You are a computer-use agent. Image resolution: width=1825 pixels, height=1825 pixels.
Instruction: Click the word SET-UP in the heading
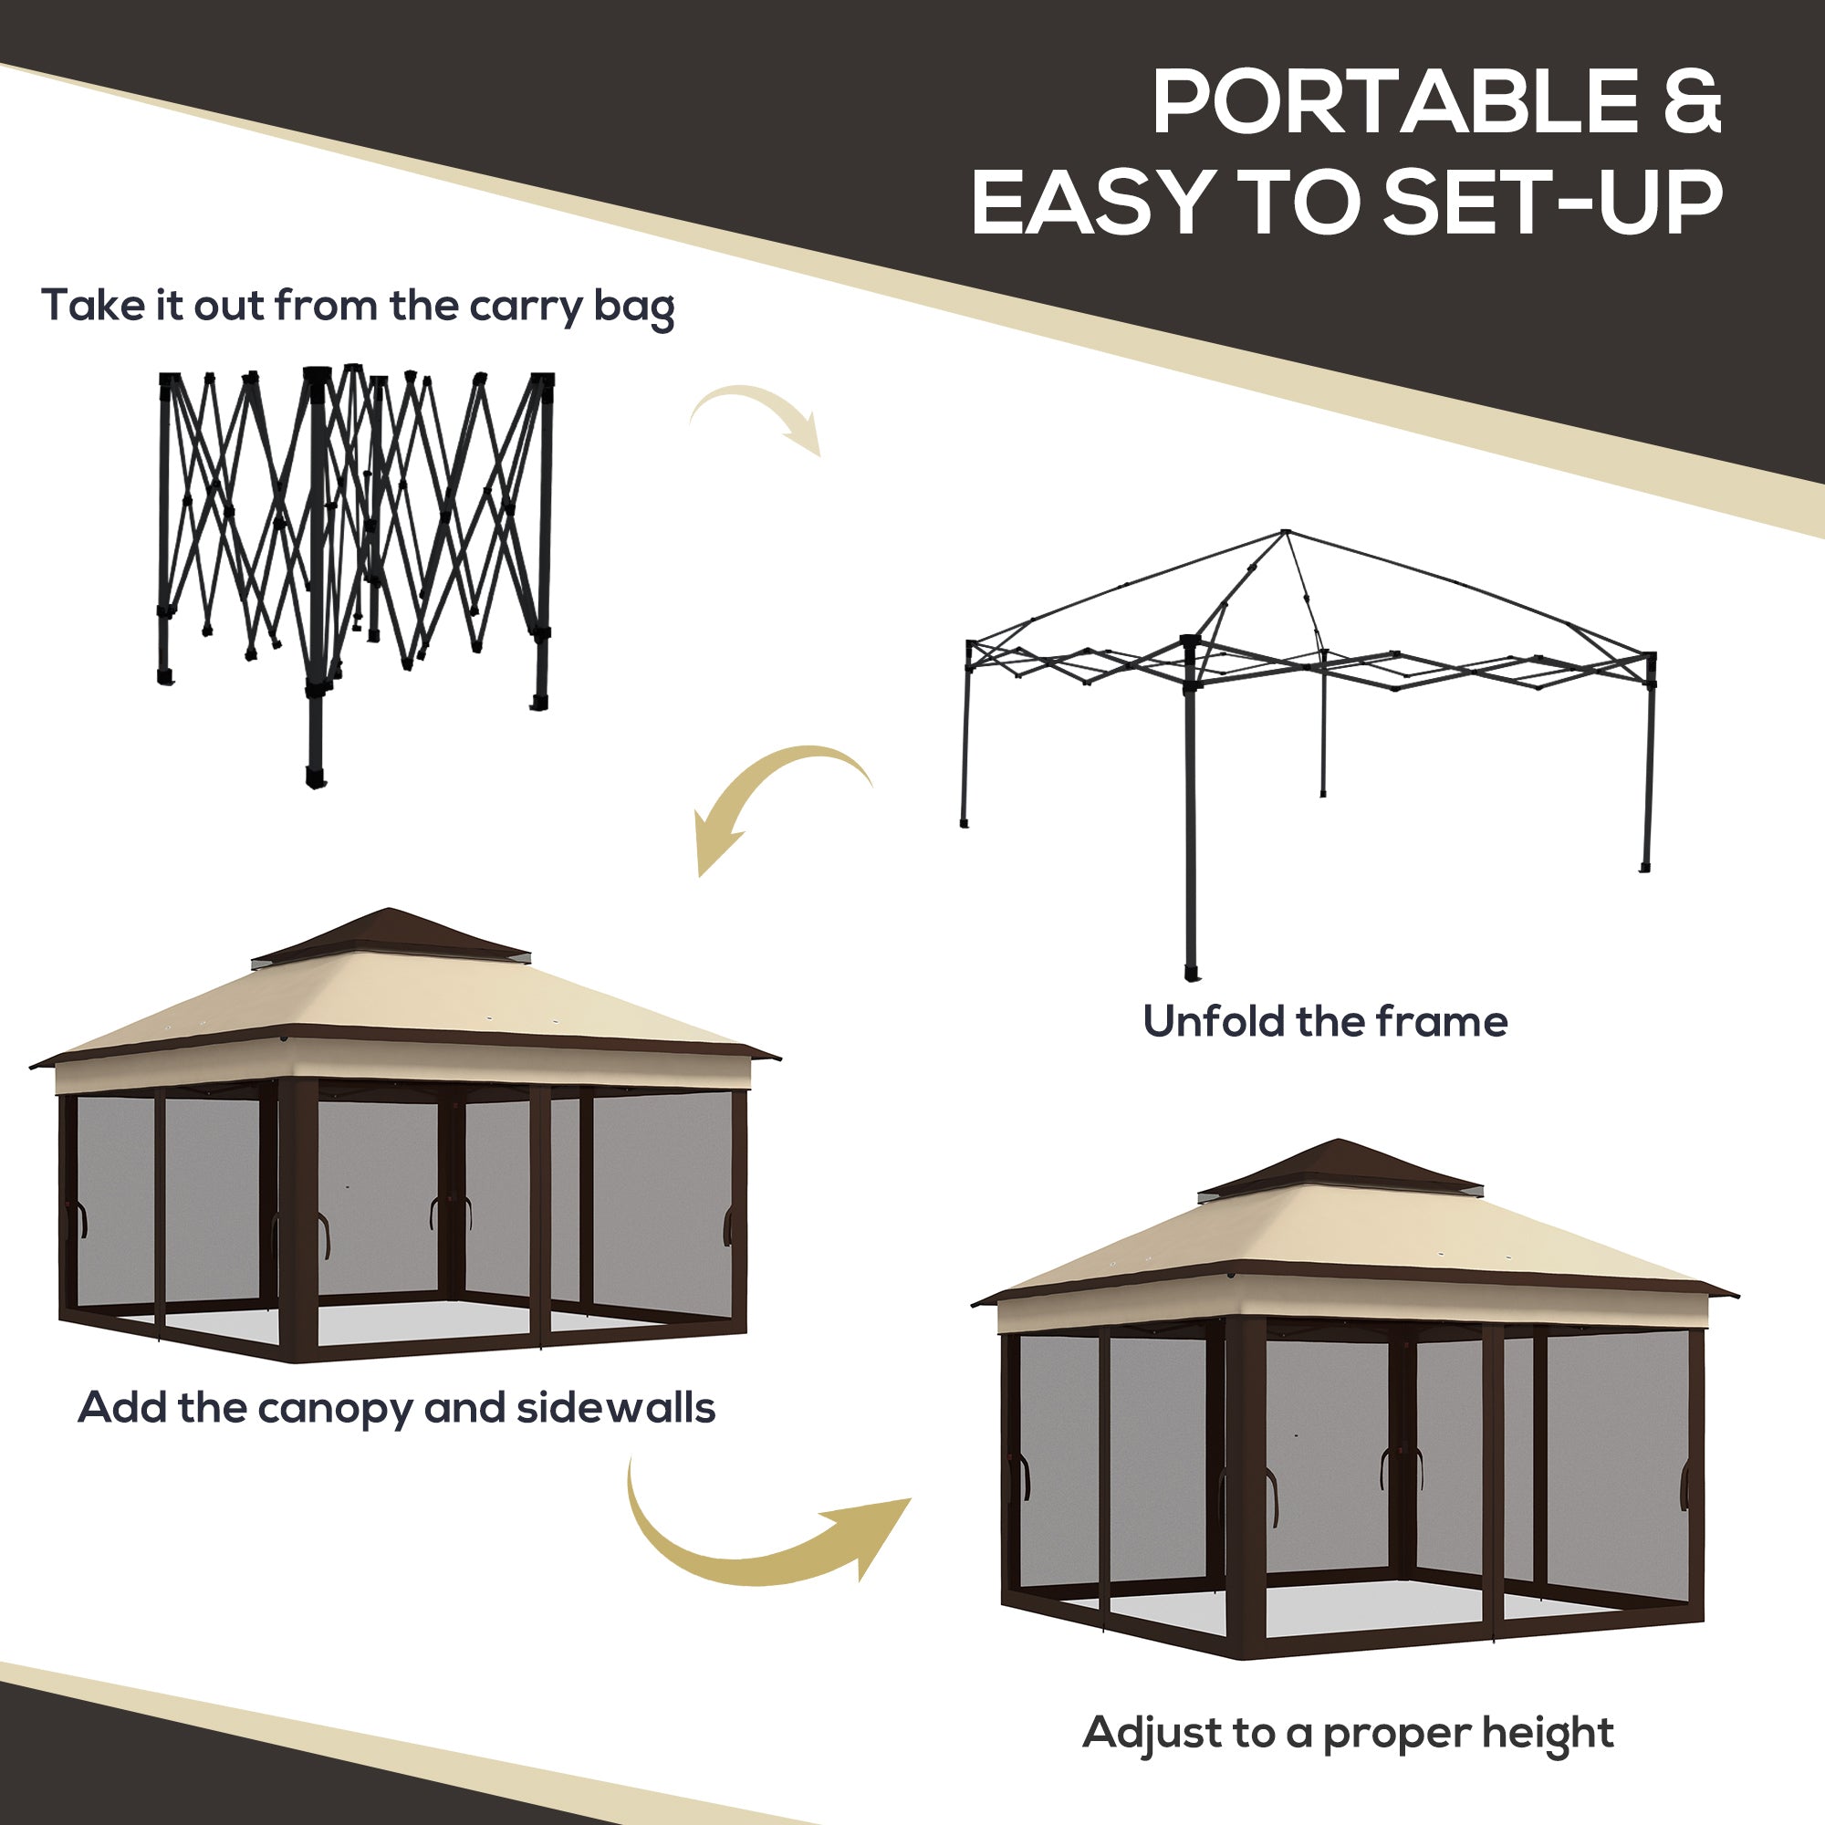pos(1553,203)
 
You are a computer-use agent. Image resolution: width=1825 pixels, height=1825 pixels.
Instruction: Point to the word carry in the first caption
pos(529,307)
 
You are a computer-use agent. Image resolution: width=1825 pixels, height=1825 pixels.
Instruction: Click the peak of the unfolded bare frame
pos(1285,535)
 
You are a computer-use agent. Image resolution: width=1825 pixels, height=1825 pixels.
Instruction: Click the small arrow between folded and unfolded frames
pos(756,415)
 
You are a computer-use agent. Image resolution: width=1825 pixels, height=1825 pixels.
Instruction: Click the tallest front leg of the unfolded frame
pos(1190,812)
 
